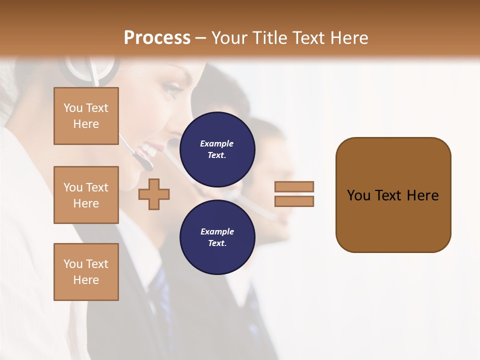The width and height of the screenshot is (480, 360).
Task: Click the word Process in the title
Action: [x=157, y=38]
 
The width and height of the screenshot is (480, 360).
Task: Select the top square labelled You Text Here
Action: [x=86, y=116]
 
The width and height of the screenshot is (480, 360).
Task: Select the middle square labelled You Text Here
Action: [x=86, y=195]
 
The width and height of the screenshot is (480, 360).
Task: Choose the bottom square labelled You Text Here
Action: [x=86, y=272]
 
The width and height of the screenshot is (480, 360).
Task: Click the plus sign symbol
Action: [x=154, y=194]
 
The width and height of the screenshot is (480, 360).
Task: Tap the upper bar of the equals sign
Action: [x=294, y=186]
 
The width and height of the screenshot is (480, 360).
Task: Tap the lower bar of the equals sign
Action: [x=294, y=201]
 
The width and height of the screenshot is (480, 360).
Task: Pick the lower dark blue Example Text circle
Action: [x=217, y=237]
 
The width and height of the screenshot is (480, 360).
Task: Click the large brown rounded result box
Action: [x=393, y=220]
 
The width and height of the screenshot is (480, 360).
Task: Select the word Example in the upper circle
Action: [x=217, y=143]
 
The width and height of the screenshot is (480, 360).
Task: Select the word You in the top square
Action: [x=72, y=108]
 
